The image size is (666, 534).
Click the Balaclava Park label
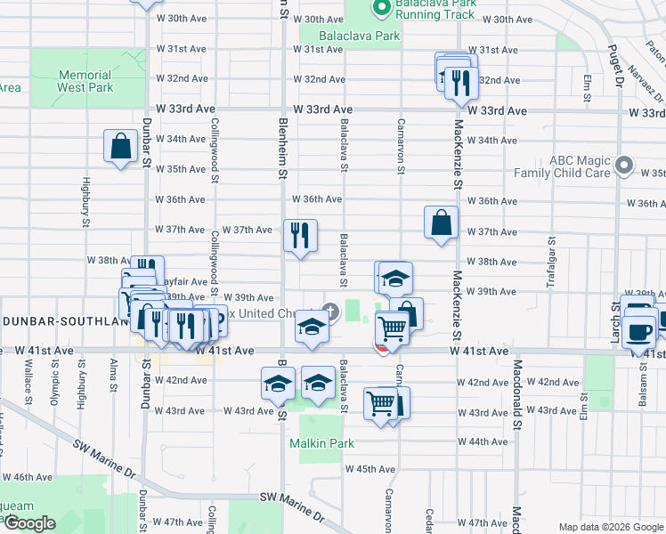(350, 36)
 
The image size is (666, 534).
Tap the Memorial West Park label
(85, 81)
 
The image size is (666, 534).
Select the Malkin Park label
(321, 443)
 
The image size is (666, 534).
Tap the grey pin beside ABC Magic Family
(624, 166)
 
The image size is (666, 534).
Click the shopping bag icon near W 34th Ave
(120, 146)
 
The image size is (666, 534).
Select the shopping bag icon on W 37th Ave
(442, 222)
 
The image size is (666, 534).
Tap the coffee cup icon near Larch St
(638, 332)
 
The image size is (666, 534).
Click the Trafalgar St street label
(552, 259)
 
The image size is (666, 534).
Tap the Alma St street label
(112, 376)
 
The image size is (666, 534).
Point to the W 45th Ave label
(370, 468)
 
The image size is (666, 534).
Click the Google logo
(30, 523)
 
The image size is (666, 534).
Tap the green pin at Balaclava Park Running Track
(382, 9)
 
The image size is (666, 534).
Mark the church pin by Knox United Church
(330, 311)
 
